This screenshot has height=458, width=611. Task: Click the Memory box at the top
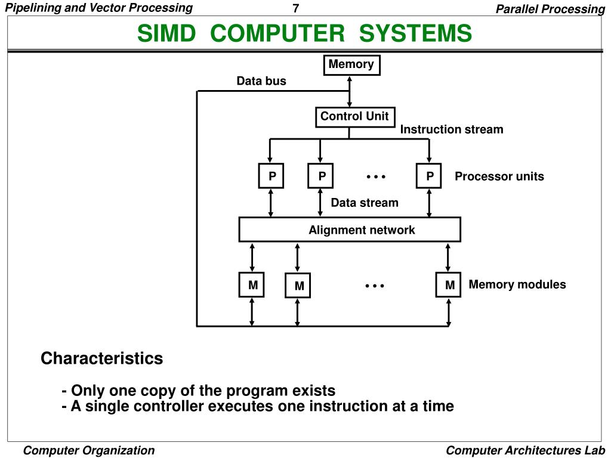(351, 65)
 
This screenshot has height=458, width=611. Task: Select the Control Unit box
(354, 117)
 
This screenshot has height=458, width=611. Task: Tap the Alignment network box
(350, 230)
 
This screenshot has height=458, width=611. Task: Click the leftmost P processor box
(271, 176)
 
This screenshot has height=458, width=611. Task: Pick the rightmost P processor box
(429, 176)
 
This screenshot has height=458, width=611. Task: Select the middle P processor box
(321, 176)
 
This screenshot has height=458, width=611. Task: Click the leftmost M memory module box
(253, 286)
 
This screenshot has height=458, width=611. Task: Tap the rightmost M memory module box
(449, 286)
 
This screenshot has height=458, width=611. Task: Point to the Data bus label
(261, 81)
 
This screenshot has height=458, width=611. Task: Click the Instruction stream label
(452, 129)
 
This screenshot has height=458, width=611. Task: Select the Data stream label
(365, 203)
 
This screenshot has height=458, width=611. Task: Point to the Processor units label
(499, 177)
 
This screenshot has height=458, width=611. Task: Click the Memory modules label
(517, 284)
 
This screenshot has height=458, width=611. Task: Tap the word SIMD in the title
(166, 34)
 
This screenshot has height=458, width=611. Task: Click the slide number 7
(295, 8)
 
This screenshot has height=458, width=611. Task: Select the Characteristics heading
(101, 359)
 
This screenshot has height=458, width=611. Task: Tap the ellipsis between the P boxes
(376, 177)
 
